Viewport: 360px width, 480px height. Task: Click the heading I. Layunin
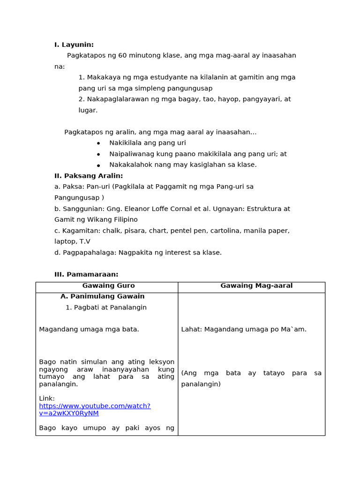pos(74,45)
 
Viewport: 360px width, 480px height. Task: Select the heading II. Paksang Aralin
pos(89,176)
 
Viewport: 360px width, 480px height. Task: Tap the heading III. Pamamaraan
pos(86,274)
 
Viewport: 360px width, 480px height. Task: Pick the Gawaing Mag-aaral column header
pos(256,285)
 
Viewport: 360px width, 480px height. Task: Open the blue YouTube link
pos(95,409)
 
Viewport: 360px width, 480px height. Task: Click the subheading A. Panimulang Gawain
pos(102,296)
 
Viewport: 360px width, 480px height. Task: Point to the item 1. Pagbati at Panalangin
pos(106,307)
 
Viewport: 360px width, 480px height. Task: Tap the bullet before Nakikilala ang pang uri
pos(98,143)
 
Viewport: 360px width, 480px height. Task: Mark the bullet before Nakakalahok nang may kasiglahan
pos(98,165)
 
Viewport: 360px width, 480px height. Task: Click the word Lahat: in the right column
pos(192,329)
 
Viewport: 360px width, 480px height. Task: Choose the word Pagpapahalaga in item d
pos(89,252)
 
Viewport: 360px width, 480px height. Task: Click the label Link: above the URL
pos(47,398)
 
